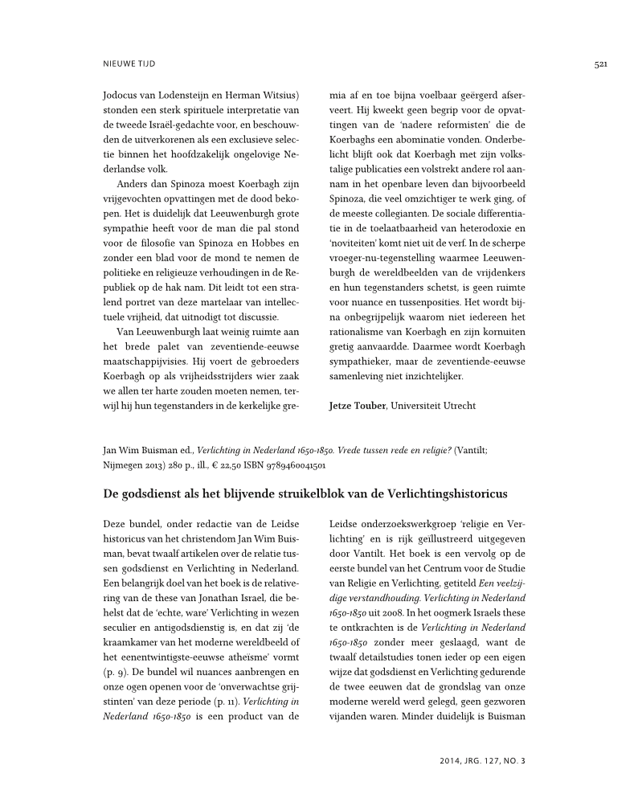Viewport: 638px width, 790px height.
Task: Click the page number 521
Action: coord(599,63)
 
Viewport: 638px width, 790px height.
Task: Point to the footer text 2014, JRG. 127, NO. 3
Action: coord(482,759)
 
